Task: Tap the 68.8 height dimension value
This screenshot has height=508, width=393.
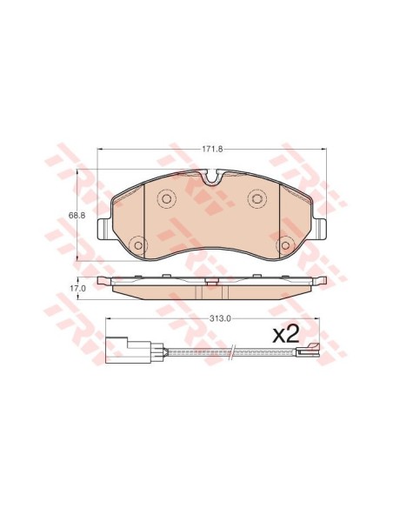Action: (x=77, y=215)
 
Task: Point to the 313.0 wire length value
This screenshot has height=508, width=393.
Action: (x=221, y=318)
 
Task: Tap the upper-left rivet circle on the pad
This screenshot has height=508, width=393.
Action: (x=166, y=198)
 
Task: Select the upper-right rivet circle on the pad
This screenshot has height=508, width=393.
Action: (x=257, y=198)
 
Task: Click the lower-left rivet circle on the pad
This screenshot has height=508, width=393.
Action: (x=138, y=245)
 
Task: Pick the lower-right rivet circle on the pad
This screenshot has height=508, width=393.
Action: (x=285, y=245)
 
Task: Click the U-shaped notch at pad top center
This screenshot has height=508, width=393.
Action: (x=212, y=177)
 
